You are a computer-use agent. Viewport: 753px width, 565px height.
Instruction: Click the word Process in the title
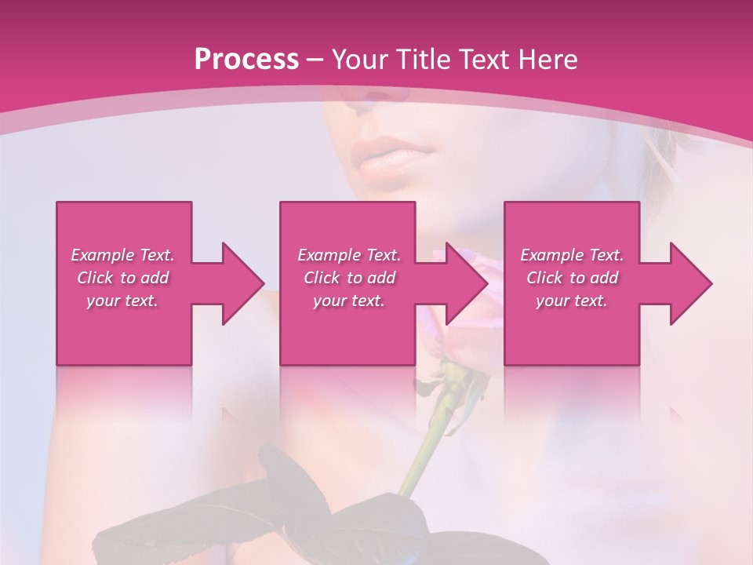[246, 60]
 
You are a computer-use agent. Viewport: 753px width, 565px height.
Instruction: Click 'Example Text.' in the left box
[122, 255]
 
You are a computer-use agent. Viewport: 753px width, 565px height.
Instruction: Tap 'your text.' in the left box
[122, 301]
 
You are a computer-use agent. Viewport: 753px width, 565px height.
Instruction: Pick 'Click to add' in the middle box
[349, 278]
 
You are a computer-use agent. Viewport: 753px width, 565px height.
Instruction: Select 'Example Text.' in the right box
[572, 255]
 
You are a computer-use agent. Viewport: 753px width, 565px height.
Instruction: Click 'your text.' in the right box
[572, 301]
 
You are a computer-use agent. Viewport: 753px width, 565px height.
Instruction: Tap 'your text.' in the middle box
[349, 301]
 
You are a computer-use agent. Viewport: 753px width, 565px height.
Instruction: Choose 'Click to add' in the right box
[572, 278]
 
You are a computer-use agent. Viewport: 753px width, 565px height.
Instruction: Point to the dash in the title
[315, 60]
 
